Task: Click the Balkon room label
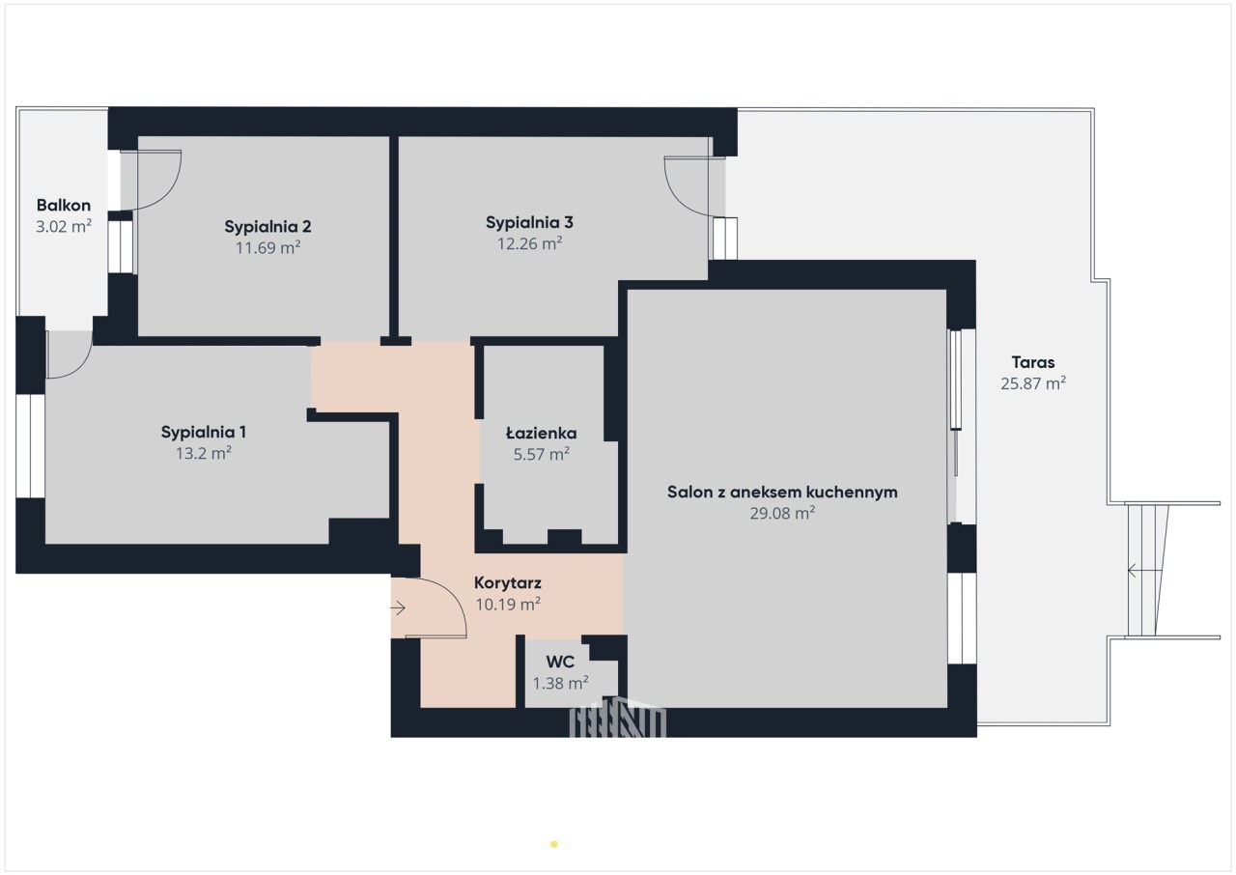(64, 206)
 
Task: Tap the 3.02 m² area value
(64, 226)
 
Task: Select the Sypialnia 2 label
(267, 227)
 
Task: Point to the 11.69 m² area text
(267, 247)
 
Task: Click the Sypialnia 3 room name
(529, 223)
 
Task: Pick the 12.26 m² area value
(529, 243)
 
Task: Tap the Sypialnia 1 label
(203, 432)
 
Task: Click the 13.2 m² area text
(203, 453)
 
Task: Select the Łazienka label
(542, 433)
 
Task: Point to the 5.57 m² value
(542, 454)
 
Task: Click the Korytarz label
(508, 583)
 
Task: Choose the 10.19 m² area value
(508, 605)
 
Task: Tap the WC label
(560, 662)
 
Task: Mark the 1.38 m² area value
(560, 683)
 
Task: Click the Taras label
(1033, 362)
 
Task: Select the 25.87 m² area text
(1033, 383)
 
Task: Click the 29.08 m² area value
(782, 513)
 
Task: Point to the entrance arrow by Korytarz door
(399, 608)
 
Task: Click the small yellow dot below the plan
(554, 844)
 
